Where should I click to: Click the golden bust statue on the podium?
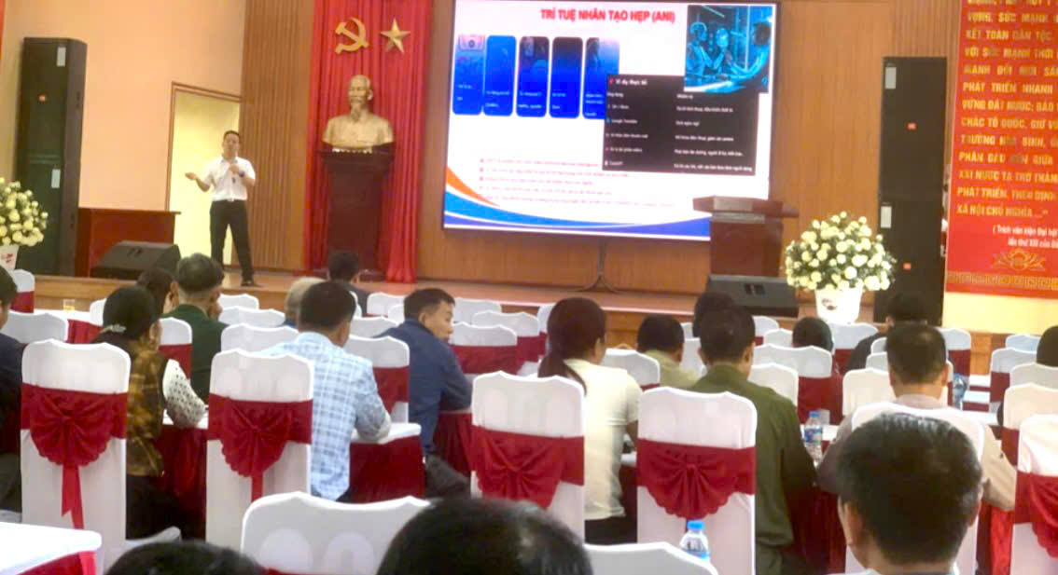click(358, 115)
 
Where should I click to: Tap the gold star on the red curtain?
click(395, 36)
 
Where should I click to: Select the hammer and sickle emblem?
click(351, 35)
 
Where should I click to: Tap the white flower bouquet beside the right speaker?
click(838, 253)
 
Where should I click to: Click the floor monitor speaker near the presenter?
click(134, 260)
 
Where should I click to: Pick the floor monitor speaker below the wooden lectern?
click(752, 294)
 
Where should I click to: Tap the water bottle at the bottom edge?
click(694, 541)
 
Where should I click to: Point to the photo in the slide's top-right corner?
click(729, 47)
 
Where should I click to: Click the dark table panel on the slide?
click(681, 123)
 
